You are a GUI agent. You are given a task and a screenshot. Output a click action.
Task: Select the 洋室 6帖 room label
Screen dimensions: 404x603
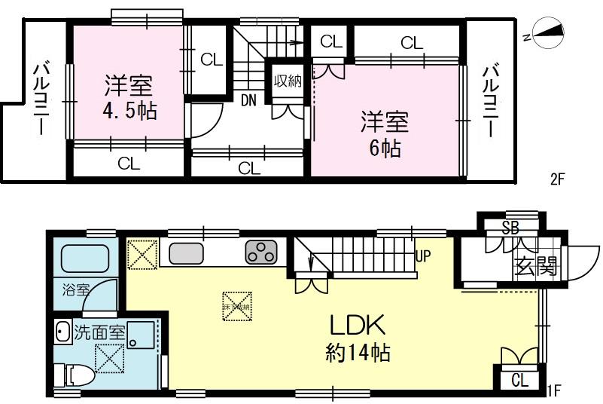click(384, 133)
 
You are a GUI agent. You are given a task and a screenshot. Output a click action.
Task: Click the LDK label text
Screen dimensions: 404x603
click(358, 326)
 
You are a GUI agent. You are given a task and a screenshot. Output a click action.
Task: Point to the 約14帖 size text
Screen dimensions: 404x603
click(358, 353)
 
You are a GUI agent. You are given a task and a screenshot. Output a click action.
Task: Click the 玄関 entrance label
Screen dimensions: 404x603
click(535, 265)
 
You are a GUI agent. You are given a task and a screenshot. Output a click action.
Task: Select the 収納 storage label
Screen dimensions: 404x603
click(288, 81)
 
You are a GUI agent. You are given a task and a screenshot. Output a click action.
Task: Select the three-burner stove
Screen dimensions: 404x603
click(261, 252)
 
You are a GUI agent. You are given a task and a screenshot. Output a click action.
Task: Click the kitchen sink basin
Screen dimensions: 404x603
click(184, 253)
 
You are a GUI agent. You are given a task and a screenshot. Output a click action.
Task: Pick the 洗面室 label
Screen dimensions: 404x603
click(99, 332)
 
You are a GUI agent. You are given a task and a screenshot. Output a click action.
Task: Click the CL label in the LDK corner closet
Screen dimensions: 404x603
click(519, 380)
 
